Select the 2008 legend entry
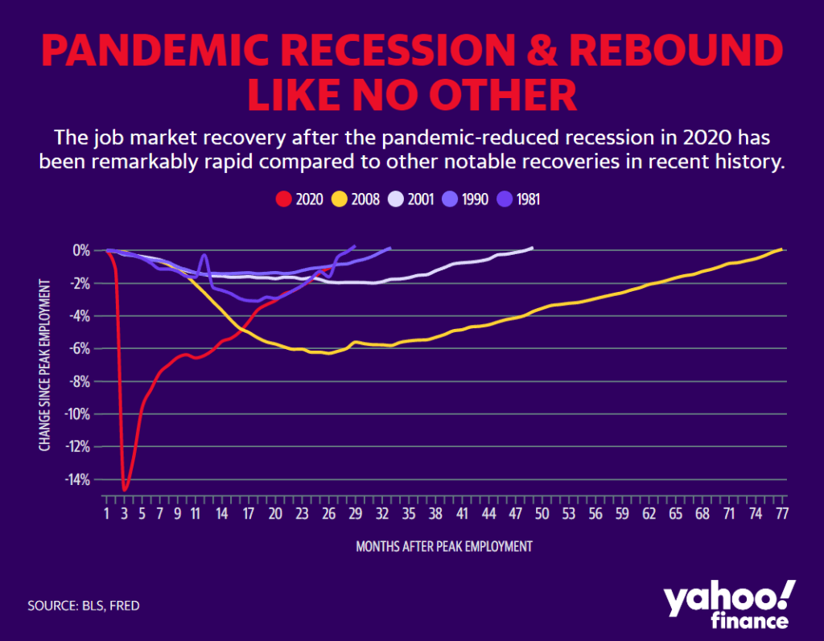click(x=357, y=198)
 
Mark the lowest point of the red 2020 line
click(x=125, y=489)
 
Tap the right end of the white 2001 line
click(x=532, y=248)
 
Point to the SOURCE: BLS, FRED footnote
click(x=83, y=605)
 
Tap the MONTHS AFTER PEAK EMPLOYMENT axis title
click(x=444, y=546)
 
